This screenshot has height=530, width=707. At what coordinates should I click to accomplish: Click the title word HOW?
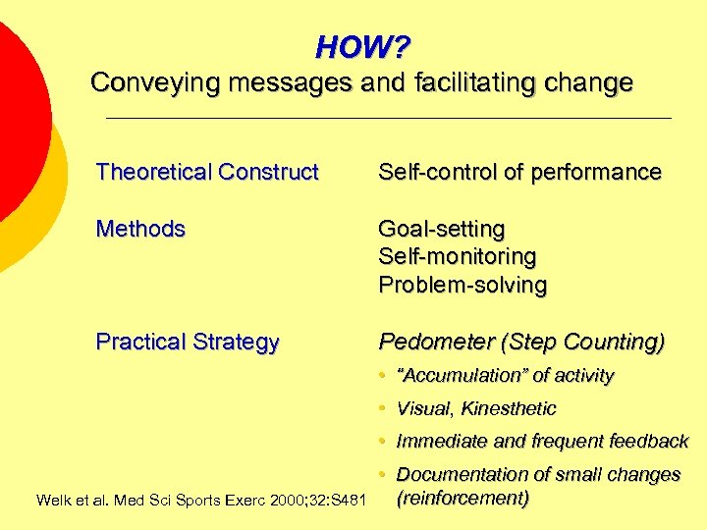362,46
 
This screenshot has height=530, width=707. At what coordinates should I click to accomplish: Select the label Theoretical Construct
207,173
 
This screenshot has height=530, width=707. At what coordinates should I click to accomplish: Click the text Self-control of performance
519,173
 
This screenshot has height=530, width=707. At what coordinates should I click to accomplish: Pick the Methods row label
140,230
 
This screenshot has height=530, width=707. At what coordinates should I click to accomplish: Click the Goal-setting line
442,230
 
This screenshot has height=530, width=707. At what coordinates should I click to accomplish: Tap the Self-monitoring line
458,257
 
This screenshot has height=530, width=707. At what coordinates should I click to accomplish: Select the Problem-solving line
462,286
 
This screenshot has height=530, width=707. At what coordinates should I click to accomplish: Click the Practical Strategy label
188,343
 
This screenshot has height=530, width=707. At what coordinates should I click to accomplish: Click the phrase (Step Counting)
582,343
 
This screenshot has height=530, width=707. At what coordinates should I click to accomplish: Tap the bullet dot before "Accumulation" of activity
383,376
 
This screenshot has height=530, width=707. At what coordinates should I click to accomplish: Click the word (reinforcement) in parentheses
462,498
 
